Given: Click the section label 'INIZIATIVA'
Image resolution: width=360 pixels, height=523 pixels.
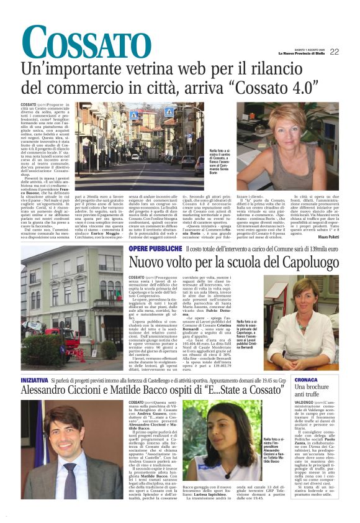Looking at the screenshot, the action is [35, 378].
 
